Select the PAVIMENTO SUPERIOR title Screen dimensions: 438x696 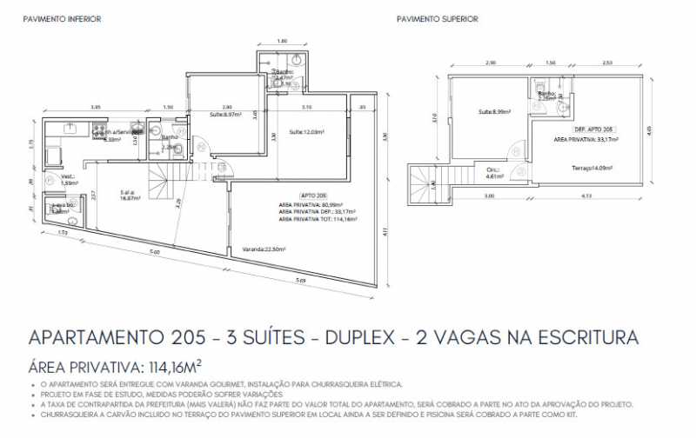[437, 19]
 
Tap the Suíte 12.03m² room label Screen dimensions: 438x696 [307, 132]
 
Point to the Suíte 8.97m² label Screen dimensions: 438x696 [225, 115]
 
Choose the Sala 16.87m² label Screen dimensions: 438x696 [131, 195]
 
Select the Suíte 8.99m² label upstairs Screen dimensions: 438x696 [493, 111]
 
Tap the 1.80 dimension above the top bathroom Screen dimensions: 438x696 [281, 42]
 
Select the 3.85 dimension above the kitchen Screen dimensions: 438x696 [94, 107]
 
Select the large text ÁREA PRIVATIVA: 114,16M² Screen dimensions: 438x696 [116, 366]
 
